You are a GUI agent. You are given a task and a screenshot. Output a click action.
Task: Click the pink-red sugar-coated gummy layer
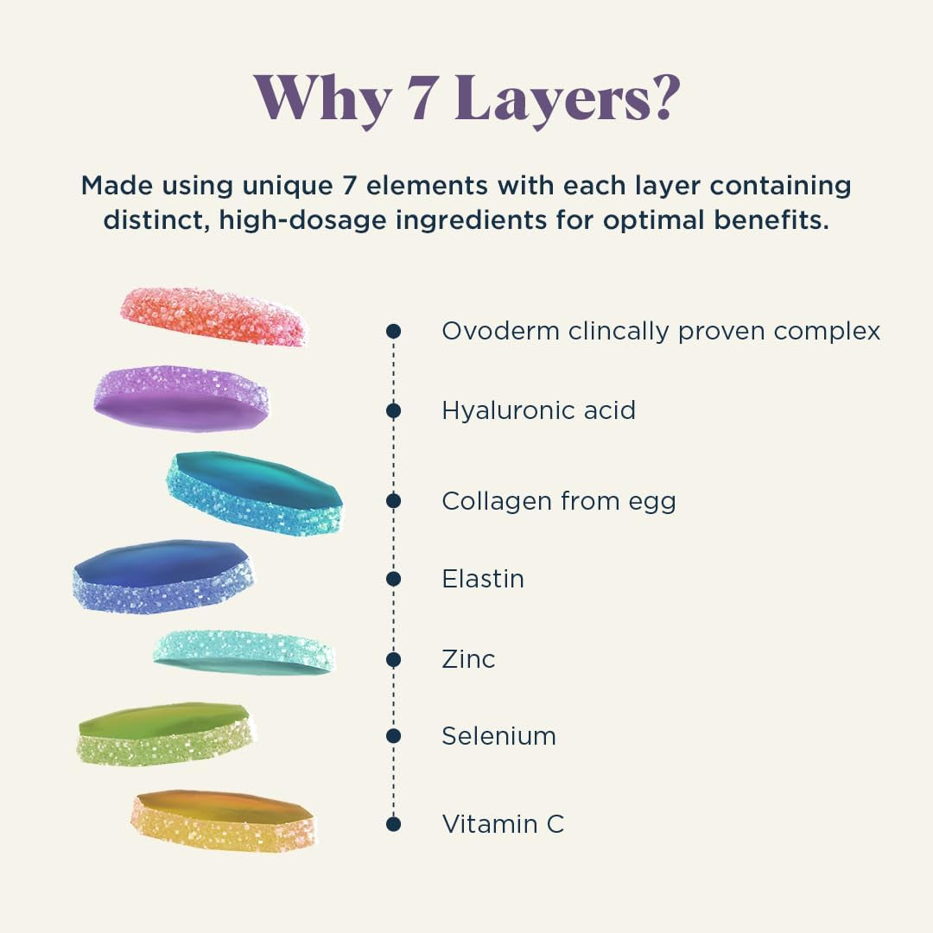click(x=213, y=316)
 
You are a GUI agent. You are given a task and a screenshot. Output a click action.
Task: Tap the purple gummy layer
click(x=181, y=399)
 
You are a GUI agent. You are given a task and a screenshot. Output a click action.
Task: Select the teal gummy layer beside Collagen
click(x=254, y=492)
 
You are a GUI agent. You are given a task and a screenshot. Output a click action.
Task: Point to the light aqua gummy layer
click(x=244, y=651)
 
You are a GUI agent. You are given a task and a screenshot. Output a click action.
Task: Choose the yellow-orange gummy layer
click(x=223, y=820)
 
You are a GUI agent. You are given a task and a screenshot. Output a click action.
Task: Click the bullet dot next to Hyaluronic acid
click(x=394, y=410)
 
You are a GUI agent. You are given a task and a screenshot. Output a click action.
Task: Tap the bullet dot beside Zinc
click(x=394, y=659)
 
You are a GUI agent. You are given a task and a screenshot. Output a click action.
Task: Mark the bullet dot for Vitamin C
click(x=394, y=823)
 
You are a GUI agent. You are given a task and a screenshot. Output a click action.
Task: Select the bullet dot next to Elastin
click(x=394, y=578)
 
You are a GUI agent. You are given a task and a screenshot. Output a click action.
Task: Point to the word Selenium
click(x=498, y=736)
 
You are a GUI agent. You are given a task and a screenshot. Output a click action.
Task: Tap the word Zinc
click(x=468, y=659)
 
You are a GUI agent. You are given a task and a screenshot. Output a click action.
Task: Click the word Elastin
click(x=483, y=578)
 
